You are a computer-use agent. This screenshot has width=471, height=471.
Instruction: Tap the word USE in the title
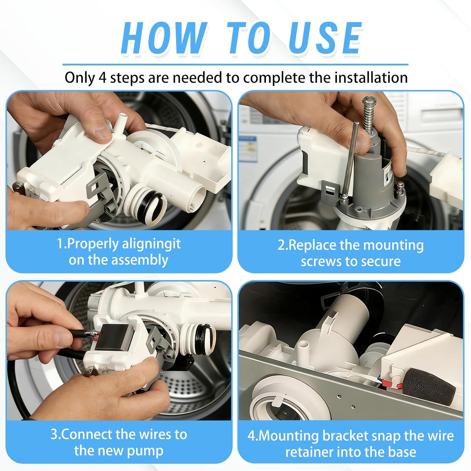(325, 38)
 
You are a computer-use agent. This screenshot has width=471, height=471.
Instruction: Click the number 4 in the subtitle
(102, 78)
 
